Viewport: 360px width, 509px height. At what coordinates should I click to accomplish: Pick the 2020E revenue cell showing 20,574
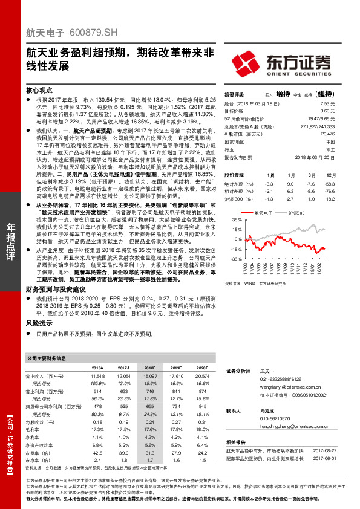click(202, 377)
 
